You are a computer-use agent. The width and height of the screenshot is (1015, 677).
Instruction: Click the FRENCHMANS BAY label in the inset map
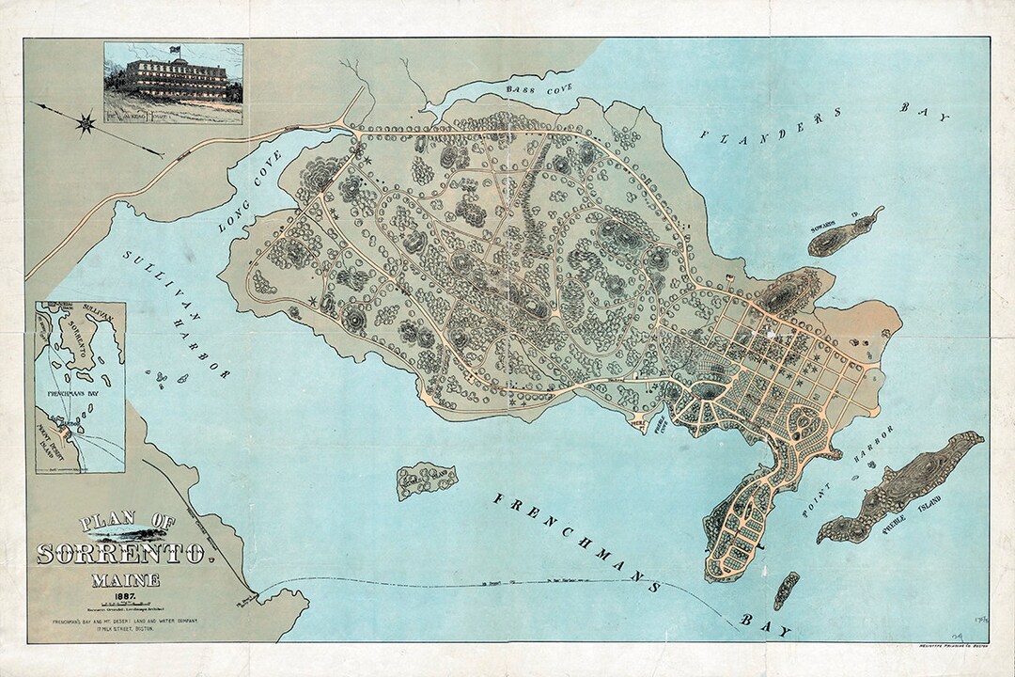coord(78,386)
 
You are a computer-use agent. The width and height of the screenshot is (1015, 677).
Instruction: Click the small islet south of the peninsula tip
coord(787,590)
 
